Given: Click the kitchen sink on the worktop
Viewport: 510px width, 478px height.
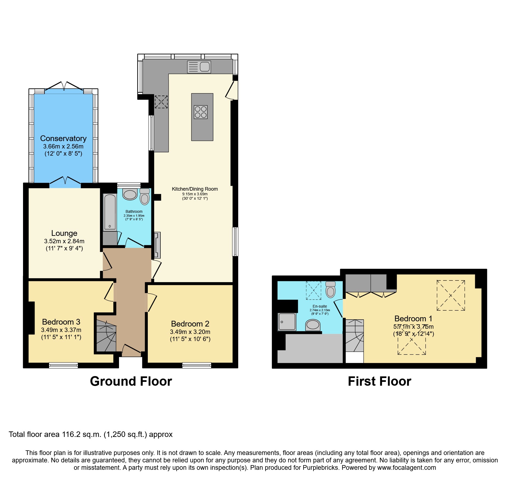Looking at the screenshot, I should point(199,67).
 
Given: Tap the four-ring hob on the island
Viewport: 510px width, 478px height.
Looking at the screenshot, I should point(201,112).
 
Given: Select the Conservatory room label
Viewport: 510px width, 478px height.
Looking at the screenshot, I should point(63,138).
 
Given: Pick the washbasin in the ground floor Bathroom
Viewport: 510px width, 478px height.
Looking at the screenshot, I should point(130,194).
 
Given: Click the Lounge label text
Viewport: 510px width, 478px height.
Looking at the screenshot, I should point(64,233).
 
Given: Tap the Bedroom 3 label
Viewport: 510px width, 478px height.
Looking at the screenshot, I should point(61,322).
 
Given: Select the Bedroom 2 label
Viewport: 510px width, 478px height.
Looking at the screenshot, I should point(190,324).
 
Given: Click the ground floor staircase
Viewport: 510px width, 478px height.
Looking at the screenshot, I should point(106,337).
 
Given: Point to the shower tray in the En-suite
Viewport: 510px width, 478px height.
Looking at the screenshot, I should point(287,322).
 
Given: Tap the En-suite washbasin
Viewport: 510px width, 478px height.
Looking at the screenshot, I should point(313,325).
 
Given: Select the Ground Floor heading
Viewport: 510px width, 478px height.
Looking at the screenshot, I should point(131,381).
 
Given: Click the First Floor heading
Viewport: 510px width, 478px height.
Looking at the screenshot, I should point(379,381).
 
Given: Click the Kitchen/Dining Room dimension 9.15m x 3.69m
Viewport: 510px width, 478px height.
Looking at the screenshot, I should point(195,194).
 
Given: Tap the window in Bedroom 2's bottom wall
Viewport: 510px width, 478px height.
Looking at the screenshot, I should point(197,365).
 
